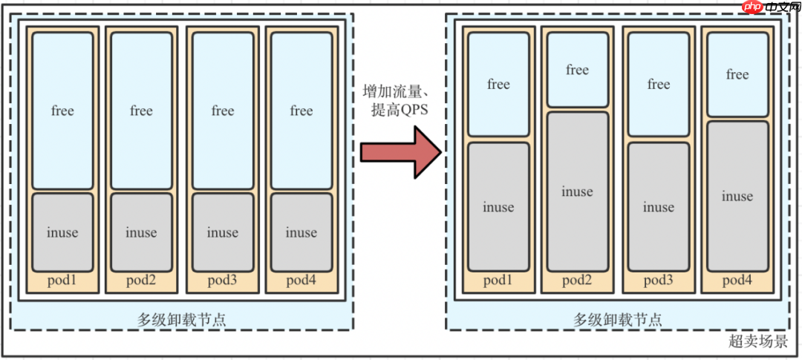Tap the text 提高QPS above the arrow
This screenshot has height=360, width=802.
tap(401, 111)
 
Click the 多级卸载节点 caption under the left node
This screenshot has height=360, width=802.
tap(182, 318)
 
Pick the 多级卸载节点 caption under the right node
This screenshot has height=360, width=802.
tap(618, 319)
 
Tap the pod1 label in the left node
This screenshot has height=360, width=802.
tap(62, 280)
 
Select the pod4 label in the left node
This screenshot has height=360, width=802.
tap(301, 280)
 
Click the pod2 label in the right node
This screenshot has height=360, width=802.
tap(577, 281)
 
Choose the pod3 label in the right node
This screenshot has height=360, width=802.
tap(659, 281)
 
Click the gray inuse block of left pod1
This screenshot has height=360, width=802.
tap(62, 232)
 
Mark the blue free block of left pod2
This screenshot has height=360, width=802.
tap(141, 111)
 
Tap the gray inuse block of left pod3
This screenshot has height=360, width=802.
tap(223, 232)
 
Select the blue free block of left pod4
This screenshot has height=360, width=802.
tap(301, 111)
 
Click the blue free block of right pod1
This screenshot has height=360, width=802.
tap(498, 85)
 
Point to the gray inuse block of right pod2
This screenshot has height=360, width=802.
tap(577, 192)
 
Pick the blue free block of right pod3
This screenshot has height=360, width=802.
tap(659, 85)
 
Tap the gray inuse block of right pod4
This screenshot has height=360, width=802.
tap(737, 196)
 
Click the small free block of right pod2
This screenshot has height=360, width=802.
tap(577, 71)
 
